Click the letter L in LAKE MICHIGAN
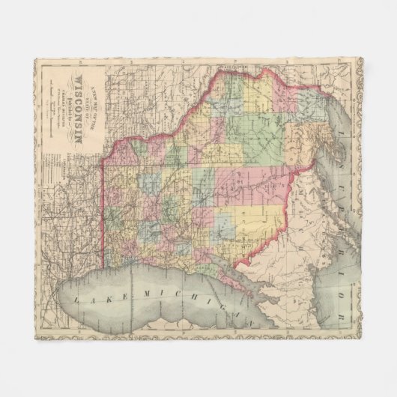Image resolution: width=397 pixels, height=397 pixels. tap(77, 298)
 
